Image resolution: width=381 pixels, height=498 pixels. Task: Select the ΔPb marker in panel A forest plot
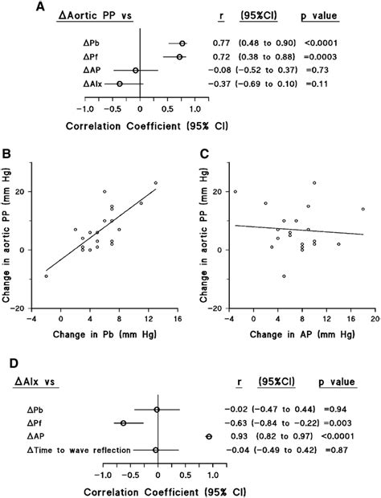pos(182,43)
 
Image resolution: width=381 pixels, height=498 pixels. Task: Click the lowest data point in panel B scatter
pos(47,276)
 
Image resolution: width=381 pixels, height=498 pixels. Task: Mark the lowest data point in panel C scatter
pos(284,276)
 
